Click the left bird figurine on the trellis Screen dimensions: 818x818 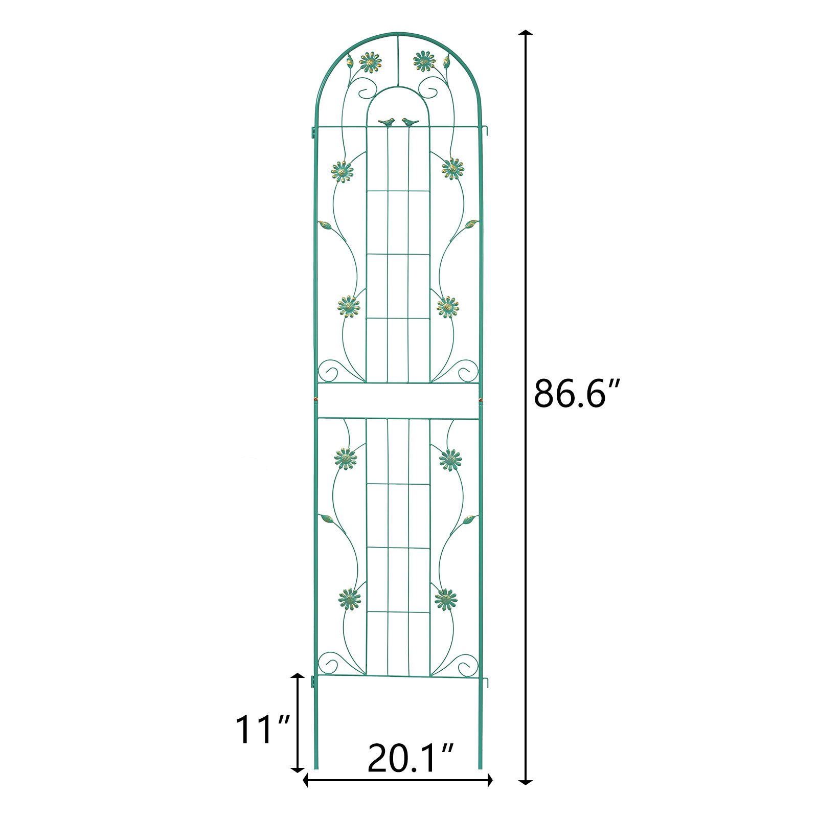388,122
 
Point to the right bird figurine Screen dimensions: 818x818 410,122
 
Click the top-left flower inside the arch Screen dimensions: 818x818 370,62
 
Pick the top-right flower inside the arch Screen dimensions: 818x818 424,61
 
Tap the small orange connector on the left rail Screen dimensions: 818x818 315,398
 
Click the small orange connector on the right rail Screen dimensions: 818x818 480,398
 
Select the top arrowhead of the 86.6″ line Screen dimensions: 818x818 526,33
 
